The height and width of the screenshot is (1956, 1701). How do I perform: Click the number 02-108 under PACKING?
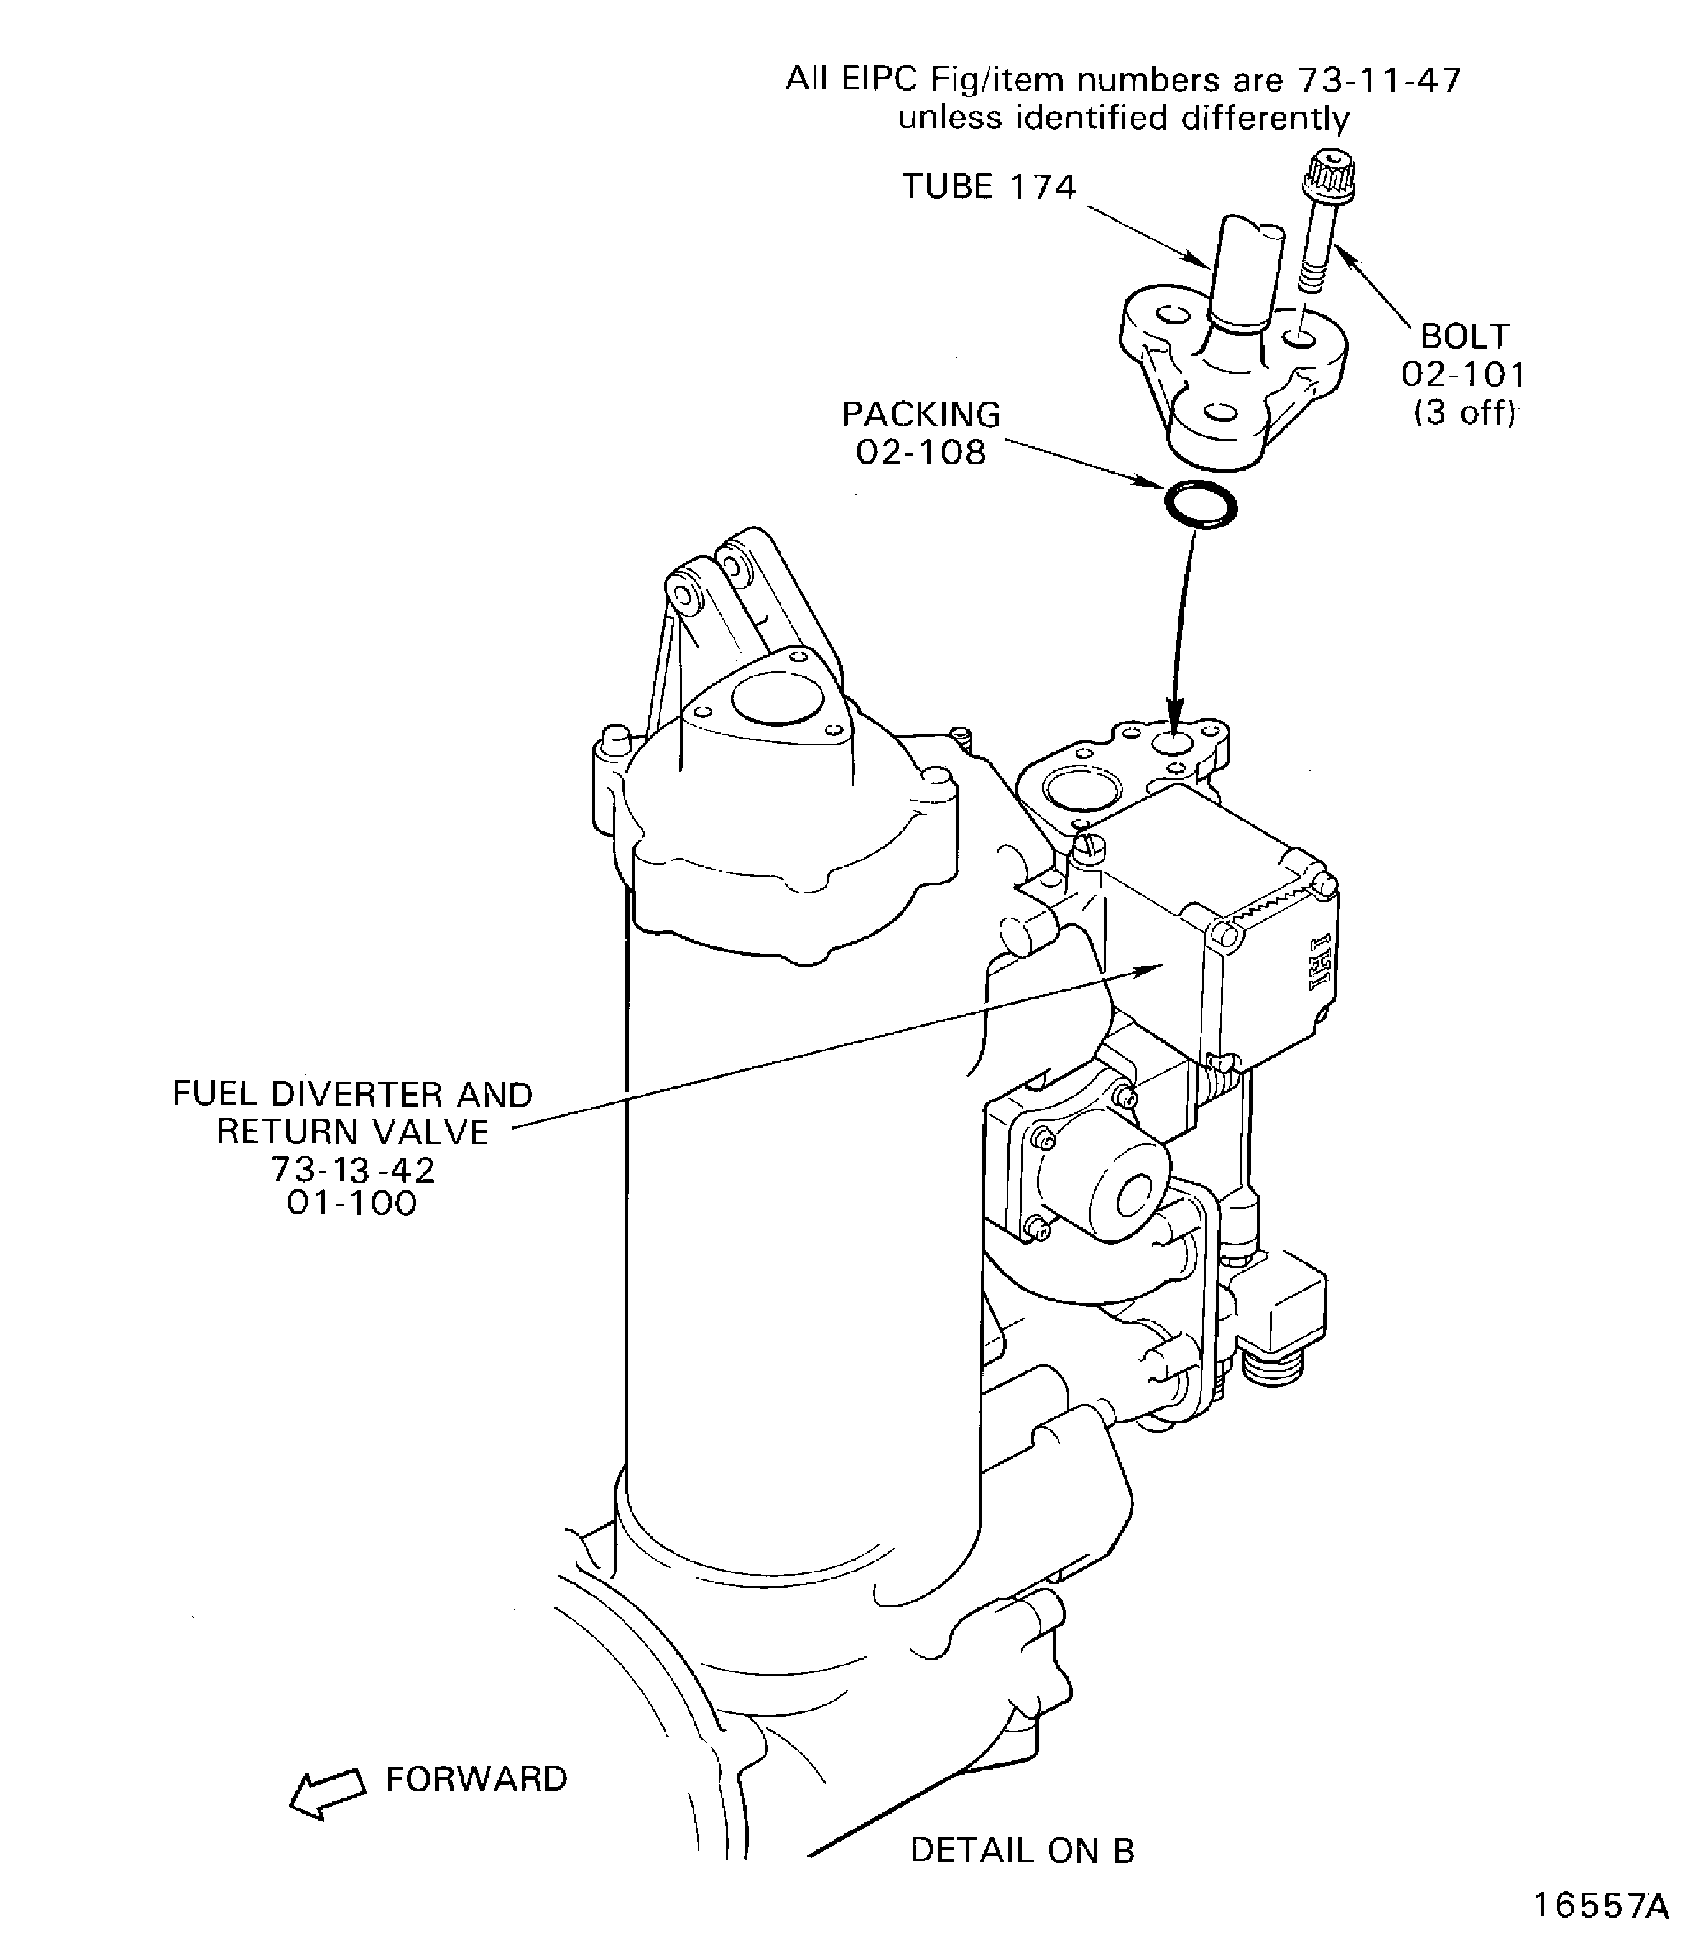coord(920,453)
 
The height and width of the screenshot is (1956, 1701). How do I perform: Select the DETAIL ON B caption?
coord(1021,1850)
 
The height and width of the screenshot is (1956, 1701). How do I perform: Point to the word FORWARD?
coord(476,1778)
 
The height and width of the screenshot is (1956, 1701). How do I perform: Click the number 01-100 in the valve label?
coord(352,1203)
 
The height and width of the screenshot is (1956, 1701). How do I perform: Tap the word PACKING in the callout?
coord(920,414)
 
